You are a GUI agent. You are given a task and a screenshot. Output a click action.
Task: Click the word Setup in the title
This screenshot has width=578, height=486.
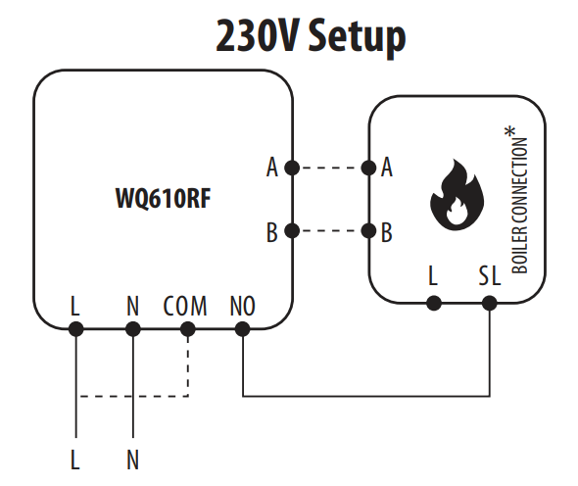[357, 37]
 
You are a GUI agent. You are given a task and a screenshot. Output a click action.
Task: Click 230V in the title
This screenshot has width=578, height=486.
[257, 36]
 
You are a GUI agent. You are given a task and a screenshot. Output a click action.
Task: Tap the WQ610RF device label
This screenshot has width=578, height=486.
[164, 198]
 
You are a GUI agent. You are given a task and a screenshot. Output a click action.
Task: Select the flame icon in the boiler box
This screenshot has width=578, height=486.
[457, 195]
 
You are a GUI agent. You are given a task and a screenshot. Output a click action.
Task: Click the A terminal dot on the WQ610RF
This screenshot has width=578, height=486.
[292, 169]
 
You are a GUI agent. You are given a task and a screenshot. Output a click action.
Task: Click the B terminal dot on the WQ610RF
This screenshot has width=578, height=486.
[292, 231]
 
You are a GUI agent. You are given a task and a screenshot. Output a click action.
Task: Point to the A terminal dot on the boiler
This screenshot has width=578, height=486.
[368, 169]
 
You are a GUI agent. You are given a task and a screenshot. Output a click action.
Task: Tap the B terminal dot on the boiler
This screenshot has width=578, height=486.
[368, 231]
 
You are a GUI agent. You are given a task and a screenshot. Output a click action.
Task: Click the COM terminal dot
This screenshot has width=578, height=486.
[188, 329]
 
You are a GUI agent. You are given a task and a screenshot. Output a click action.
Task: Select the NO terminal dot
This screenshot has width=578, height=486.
[243, 329]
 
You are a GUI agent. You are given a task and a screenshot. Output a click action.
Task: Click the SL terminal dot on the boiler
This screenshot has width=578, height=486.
[490, 304]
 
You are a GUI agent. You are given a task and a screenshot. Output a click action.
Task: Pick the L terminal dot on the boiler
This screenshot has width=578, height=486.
[434, 304]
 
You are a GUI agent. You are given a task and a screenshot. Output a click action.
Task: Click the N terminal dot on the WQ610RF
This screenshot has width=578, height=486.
[133, 329]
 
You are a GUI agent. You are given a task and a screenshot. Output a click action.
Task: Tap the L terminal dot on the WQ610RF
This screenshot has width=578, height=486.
[76, 329]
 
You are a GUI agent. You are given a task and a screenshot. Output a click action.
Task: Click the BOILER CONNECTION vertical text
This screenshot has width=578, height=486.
[520, 206]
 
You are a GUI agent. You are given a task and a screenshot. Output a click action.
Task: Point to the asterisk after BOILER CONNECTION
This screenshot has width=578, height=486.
[510, 131]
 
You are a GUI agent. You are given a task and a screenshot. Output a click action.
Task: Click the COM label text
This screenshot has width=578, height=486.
[185, 306]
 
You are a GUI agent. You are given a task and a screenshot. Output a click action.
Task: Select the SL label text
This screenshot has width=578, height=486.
[490, 275]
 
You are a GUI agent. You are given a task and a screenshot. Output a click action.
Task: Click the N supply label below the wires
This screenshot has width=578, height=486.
[132, 460]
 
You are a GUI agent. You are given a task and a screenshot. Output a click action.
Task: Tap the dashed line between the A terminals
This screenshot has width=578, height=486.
[331, 169]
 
